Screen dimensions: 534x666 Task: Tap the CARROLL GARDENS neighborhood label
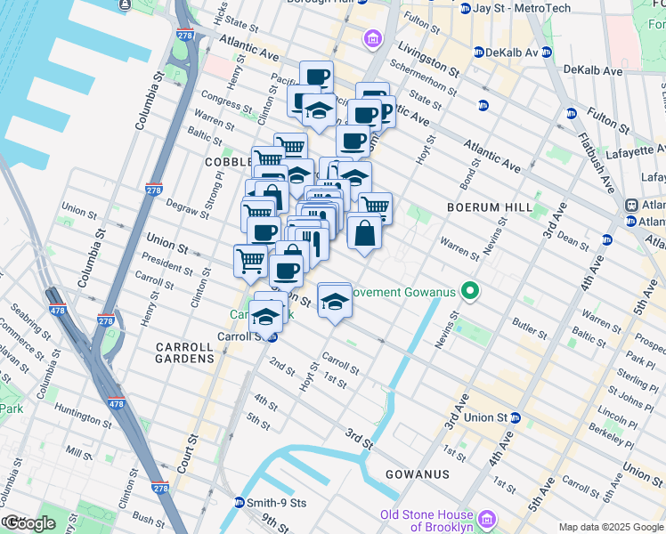[x=185, y=352]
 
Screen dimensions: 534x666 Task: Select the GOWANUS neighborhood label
[x=417, y=474]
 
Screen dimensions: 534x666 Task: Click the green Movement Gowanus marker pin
[x=474, y=292]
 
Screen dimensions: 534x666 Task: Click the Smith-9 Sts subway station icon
[x=239, y=503]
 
